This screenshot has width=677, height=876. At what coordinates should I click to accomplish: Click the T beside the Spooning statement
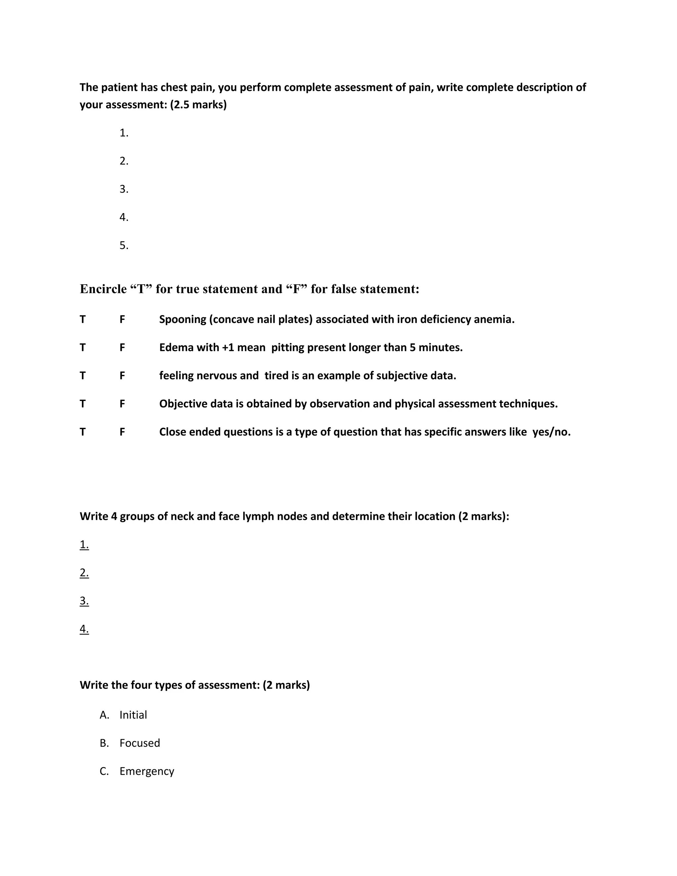[83, 319]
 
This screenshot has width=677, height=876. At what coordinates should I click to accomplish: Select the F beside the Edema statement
[122, 347]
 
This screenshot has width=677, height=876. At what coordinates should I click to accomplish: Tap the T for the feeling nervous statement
[83, 376]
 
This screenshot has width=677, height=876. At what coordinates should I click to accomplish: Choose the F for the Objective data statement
[122, 404]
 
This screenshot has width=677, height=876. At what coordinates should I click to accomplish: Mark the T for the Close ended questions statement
[83, 432]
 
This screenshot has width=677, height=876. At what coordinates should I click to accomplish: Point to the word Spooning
[182, 319]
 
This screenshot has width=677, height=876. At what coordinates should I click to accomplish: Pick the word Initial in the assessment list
[133, 715]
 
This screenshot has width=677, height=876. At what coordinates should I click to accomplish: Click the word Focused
[139, 743]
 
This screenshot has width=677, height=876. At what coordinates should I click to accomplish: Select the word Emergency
[147, 771]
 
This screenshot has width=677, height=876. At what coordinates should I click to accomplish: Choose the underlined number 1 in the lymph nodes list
[84, 544]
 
